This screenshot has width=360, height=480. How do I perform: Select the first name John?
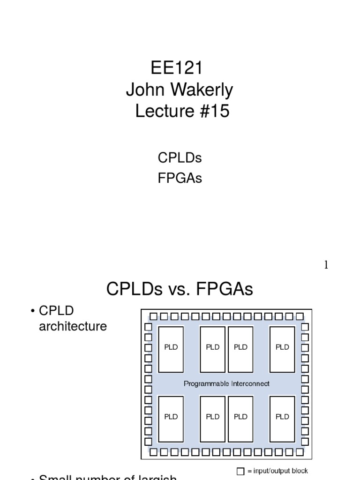click(142, 90)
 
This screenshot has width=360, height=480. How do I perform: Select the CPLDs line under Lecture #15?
click(180, 158)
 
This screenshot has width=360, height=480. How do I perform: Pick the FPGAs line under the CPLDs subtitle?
click(180, 179)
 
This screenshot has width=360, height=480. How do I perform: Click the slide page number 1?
click(326, 265)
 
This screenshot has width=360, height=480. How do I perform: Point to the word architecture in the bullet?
click(73, 326)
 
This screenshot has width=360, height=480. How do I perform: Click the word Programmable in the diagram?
click(207, 383)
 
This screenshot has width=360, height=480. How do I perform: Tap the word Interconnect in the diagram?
click(250, 383)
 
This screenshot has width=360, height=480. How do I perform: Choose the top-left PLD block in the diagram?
click(171, 347)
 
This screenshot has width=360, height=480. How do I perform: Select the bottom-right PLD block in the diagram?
click(282, 417)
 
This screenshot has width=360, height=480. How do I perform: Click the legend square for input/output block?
click(240, 471)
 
